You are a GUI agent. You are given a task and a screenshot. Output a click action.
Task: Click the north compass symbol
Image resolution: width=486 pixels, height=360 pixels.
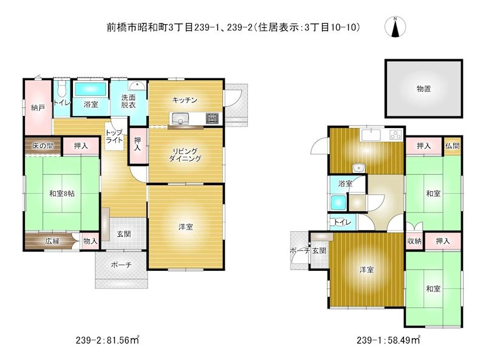(395, 27)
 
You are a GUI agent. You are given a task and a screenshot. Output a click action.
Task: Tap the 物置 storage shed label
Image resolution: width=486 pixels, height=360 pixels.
(423, 89)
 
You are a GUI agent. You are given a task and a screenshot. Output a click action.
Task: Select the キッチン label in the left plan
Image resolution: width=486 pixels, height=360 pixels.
(185, 100)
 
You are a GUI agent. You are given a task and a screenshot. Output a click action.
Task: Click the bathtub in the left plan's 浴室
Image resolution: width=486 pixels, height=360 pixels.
(91, 89)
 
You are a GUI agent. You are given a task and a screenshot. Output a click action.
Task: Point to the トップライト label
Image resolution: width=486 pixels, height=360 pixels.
(114, 137)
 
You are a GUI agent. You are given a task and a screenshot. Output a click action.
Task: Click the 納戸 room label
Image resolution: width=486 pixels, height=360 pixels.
(38, 108)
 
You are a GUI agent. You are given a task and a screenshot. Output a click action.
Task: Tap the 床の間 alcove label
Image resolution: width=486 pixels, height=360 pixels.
(43, 146)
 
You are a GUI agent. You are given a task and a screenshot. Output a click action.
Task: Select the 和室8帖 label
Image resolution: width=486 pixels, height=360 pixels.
(62, 194)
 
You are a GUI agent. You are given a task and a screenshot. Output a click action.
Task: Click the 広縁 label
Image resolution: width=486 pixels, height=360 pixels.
(52, 241)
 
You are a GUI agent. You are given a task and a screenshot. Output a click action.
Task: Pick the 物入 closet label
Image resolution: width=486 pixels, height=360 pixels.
(90, 241)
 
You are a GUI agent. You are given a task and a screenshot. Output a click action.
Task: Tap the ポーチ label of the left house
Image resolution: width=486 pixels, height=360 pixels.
(121, 265)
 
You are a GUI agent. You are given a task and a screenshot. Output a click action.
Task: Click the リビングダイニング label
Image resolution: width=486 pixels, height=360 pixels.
(185, 155)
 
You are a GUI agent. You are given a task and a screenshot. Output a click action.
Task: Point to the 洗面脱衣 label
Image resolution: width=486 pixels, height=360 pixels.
(128, 101)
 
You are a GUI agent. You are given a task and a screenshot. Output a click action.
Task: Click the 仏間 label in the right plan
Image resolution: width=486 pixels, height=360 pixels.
(452, 146)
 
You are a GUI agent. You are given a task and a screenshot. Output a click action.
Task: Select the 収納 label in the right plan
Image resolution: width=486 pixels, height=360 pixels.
(414, 241)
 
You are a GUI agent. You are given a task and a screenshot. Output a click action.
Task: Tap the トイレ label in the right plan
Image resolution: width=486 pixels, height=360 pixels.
(343, 222)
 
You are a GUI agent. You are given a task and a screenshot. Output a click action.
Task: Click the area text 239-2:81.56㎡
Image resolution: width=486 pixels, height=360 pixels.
(108, 340)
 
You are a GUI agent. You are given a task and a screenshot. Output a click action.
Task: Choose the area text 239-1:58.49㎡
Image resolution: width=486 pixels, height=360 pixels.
(388, 340)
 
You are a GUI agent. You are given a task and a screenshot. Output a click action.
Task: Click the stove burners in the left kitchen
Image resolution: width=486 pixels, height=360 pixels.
(212, 118)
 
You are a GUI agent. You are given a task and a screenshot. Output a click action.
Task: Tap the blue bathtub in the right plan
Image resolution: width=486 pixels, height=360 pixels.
(338, 203)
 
